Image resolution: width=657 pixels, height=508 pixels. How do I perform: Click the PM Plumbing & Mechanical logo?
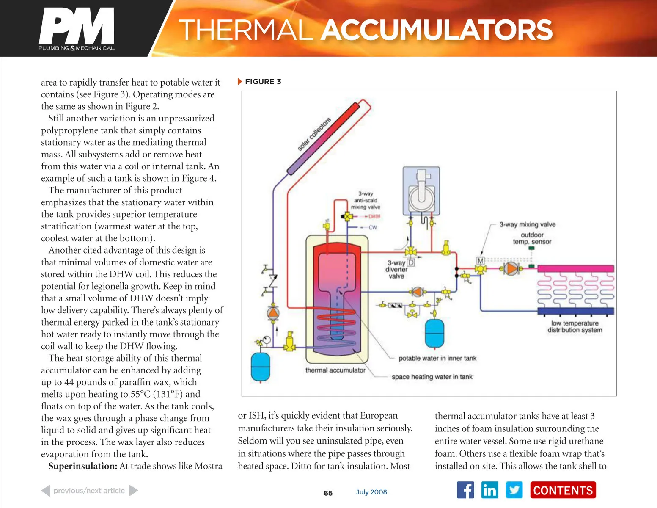coord(77,29)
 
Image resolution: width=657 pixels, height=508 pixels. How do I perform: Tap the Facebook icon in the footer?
coord(465,490)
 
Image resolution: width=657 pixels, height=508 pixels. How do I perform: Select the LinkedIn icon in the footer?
coord(489,490)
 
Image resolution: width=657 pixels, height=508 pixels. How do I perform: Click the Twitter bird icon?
coord(514,490)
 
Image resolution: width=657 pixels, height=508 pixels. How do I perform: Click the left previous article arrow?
coord(45,491)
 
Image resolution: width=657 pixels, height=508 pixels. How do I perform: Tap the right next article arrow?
coord(134,491)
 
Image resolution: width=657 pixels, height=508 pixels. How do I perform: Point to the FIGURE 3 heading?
coord(263,82)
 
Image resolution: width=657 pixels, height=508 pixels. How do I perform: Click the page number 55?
coord(328,493)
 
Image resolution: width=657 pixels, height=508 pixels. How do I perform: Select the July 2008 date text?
coord(371,492)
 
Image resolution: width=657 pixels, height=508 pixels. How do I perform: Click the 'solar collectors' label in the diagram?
coord(313,134)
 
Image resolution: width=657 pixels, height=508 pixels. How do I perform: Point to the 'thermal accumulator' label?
coord(335,370)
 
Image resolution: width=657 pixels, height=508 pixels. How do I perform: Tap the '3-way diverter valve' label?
coord(396,269)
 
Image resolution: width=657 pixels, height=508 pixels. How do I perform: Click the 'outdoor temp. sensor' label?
coord(532,238)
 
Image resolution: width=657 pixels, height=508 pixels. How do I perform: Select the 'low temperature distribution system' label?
coord(575,326)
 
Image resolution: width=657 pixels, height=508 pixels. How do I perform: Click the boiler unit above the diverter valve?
coord(421,191)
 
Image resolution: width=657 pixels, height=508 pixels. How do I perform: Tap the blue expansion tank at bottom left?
coord(261,366)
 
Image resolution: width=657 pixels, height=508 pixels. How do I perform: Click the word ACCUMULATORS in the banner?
coord(437,30)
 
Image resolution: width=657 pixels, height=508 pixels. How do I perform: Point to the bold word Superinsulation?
coord(82,466)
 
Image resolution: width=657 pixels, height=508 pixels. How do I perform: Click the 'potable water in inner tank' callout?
coord(437,358)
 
